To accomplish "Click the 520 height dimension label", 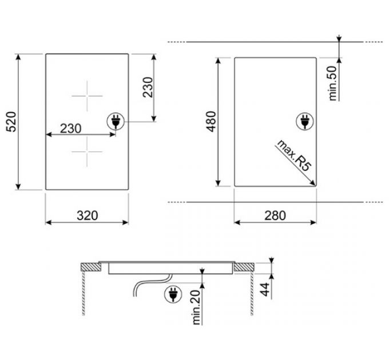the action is (11, 122).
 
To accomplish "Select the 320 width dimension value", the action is (88, 215).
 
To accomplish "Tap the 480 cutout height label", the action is (211, 122).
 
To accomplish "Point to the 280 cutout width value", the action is (275, 215).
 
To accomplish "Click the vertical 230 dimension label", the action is (148, 87).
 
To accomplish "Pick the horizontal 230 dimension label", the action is (71, 129).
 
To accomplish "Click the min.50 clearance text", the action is (333, 83).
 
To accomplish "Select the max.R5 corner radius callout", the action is (293, 155).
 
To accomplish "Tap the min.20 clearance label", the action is (196, 307).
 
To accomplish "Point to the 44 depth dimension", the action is (265, 289).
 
